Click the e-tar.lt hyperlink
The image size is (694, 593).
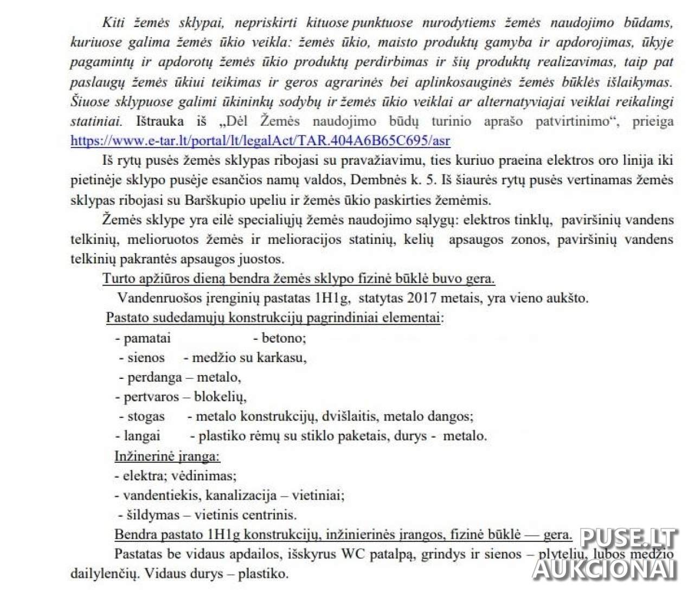[x=260, y=140]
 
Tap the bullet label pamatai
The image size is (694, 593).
[x=147, y=338]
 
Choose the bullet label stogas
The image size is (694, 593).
[x=146, y=416]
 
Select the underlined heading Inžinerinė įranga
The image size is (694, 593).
[x=167, y=456]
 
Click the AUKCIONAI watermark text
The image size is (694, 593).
[x=605, y=569]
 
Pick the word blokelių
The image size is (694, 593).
[x=220, y=397]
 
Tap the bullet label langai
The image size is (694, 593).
[x=142, y=436]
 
